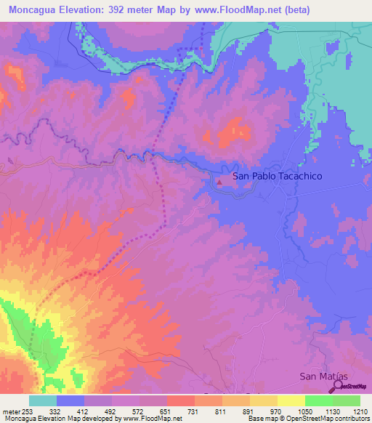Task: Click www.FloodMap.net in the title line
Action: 232,10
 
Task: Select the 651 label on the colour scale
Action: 166,411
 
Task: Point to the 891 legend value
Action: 249,411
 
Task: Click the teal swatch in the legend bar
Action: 43,400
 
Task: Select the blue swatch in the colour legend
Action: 70,400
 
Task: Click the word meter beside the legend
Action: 10,411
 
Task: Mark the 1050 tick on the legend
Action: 304,411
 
